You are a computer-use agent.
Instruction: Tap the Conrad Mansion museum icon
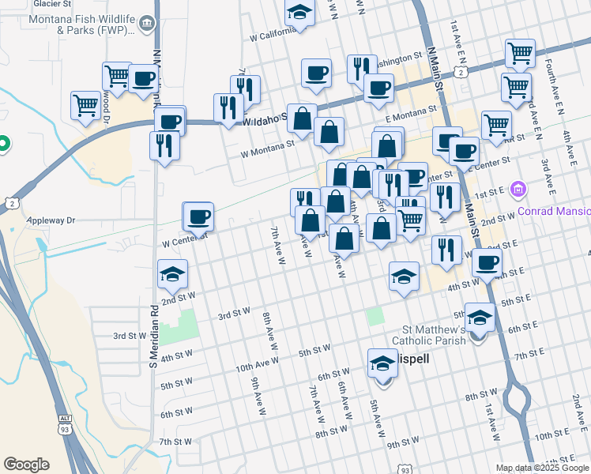(x=518, y=189)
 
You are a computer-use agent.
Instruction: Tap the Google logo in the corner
(x=26, y=464)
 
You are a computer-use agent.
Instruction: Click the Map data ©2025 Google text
(x=541, y=468)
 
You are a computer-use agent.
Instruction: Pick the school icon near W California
(x=299, y=12)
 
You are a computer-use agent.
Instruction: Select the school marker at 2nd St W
(x=173, y=274)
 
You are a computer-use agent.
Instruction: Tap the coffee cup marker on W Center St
(x=198, y=216)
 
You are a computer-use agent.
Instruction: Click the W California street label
(x=272, y=36)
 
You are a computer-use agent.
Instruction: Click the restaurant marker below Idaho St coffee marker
(x=164, y=145)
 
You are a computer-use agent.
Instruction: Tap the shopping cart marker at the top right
(x=520, y=54)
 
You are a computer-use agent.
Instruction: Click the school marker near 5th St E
(x=480, y=318)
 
